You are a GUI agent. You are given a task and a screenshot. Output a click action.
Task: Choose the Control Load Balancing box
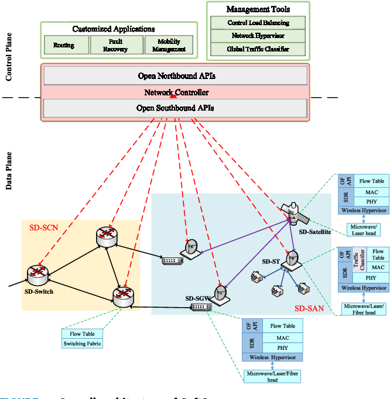click(258, 23)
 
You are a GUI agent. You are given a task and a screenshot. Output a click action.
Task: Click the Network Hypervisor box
click(258, 36)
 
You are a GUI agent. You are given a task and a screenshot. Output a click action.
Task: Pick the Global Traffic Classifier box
click(258, 49)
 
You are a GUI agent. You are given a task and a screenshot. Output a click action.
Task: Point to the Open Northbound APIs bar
click(176, 75)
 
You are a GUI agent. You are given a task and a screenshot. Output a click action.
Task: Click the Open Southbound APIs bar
click(176, 108)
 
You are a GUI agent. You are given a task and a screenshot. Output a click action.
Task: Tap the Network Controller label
click(176, 92)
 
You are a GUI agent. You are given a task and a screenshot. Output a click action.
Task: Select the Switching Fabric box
click(83, 343)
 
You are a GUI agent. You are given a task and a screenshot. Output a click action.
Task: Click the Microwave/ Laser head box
click(363, 229)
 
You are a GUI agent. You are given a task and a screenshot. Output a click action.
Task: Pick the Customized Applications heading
click(114, 29)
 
